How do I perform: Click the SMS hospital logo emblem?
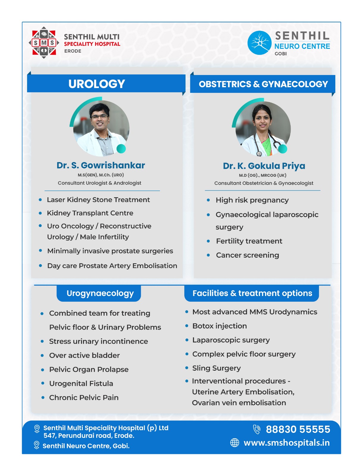[44, 43]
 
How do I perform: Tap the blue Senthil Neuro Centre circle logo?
[259, 43]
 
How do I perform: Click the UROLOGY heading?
[96, 84]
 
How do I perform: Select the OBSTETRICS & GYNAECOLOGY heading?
[263, 84]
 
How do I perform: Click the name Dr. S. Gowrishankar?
[101, 165]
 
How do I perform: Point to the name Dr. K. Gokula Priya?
[264, 166]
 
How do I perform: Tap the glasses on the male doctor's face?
[99, 116]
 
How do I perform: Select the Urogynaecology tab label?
[100, 293]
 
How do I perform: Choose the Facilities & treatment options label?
[252, 293]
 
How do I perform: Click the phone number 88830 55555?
[298, 429]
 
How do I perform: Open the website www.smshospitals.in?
[286, 443]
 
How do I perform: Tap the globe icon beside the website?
[235, 443]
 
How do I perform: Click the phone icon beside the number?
[256, 429]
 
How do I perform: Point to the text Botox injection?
[219, 326]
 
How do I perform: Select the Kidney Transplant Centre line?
[90, 213]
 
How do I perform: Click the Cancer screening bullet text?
[247, 255]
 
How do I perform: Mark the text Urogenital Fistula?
[81, 383]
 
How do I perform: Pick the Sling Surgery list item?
[216, 368]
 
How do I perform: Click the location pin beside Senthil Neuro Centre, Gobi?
[37, 445]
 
